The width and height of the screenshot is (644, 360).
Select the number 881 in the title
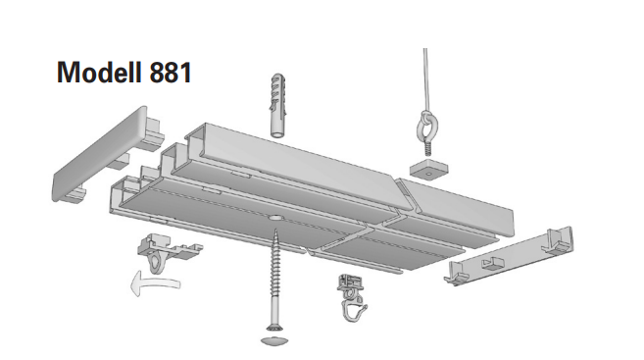click(x=171, y=73)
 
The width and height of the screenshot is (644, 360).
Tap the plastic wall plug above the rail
click(x=277, y=106)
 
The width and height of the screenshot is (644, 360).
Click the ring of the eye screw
click(x=427, y=126)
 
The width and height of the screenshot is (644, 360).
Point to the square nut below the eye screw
click(x=428, y=169)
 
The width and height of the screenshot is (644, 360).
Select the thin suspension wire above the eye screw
click(x=426, y=79)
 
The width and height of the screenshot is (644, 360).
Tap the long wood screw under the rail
click(x=274, y=280)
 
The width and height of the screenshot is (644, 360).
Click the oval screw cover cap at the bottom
click(x=273, y=339)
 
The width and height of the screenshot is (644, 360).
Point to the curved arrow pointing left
click(x=155, y=283)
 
